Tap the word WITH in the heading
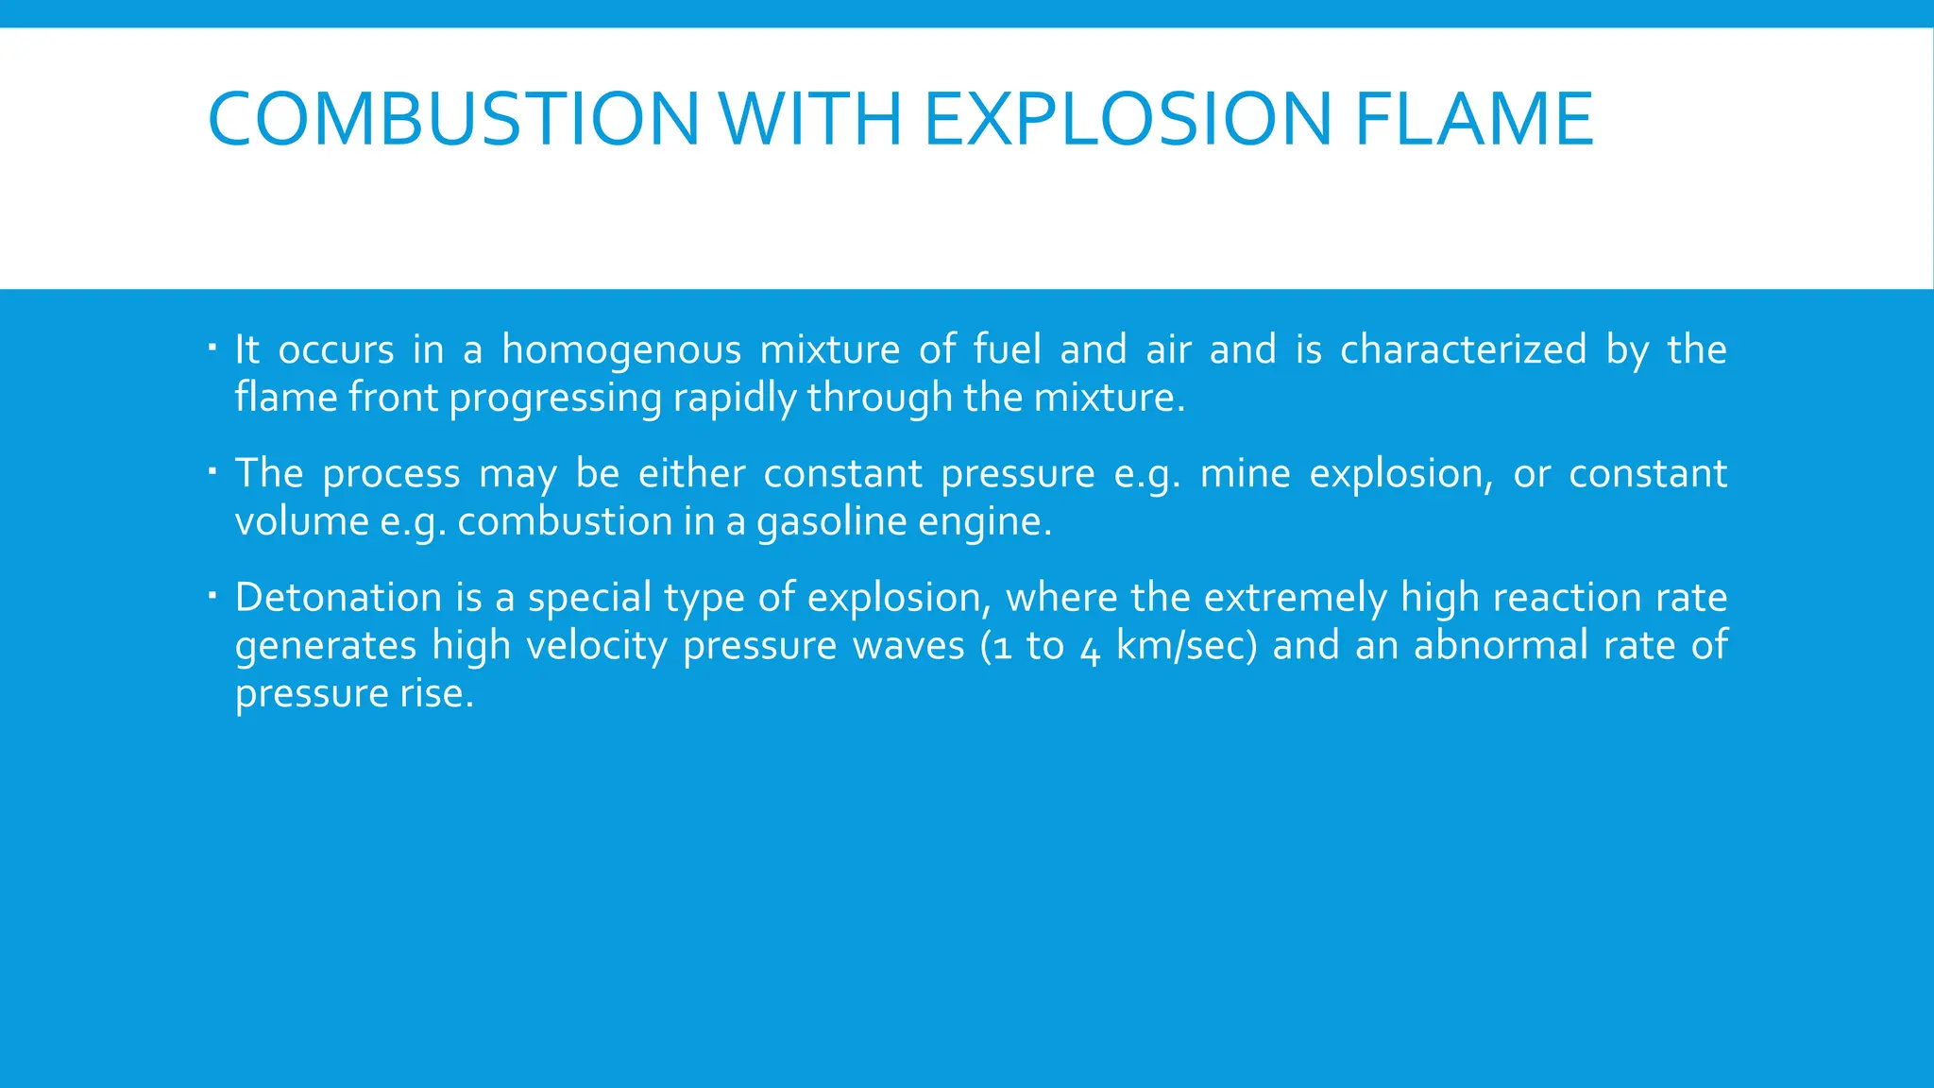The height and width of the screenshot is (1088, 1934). (x=810, y=119)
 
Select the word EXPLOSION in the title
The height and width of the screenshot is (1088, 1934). (x=1128, y=119)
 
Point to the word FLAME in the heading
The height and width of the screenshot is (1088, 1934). (x=1474, y=119)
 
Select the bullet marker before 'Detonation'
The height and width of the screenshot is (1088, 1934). (x=212, y=592)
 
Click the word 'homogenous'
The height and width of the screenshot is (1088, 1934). (x=621, y=350)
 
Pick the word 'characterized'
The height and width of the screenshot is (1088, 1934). (x=1463, y=350)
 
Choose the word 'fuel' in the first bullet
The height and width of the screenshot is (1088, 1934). (x=1007, y=350)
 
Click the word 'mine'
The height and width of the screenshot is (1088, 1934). (x=1245, y=474)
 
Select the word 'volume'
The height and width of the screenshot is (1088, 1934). (x=301, y=522)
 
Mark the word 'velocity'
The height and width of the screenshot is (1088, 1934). (x=597, y=647)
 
